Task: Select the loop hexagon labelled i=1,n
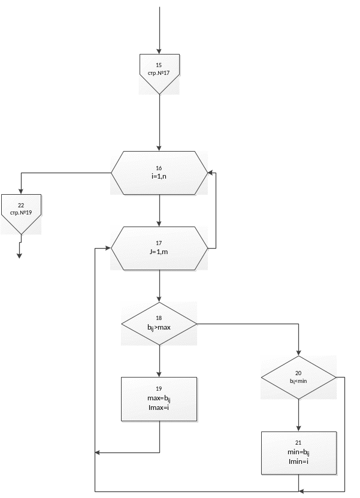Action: point(159,173)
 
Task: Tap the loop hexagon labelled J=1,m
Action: point(159,248)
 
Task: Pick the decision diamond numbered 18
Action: point(159,324)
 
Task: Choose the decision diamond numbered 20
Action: point(298,378)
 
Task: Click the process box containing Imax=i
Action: point(159,399)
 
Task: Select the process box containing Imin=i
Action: point(298,452)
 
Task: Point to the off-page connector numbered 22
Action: point(21,213)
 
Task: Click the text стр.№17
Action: point(159,73)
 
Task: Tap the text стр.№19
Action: point(21,213)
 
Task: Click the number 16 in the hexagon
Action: point(159,168)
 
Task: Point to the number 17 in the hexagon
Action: point(159,243)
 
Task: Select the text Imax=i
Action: point(159,408)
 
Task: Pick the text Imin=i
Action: point(298,461)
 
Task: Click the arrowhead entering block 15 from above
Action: point(159,50)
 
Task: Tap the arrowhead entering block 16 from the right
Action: point(210,173)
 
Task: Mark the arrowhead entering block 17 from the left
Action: point(108,248)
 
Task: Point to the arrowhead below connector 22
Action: point(19,255)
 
